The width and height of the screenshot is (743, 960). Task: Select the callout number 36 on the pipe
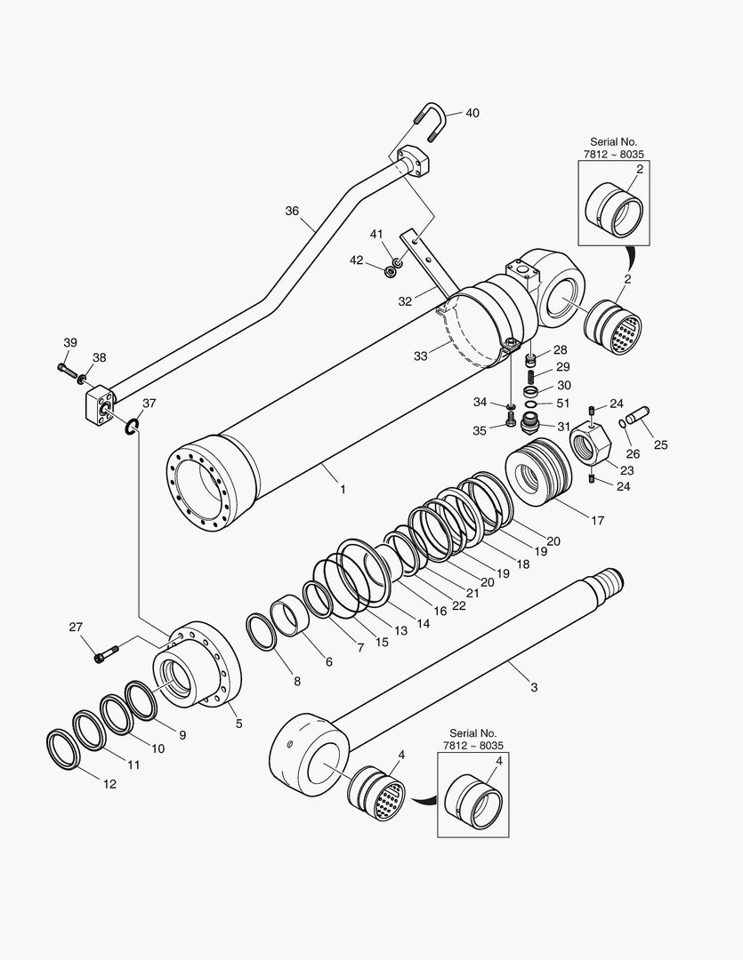292,211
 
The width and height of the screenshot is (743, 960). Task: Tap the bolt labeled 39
65,366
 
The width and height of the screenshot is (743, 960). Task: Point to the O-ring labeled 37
132,428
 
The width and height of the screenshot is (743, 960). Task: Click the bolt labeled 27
103,657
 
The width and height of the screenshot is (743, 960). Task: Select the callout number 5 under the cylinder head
238,724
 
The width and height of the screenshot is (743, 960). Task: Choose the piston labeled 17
539,478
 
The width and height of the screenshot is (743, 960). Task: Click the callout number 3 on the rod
534,687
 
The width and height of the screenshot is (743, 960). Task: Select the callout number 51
563,403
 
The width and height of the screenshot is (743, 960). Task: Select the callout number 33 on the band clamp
419,356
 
